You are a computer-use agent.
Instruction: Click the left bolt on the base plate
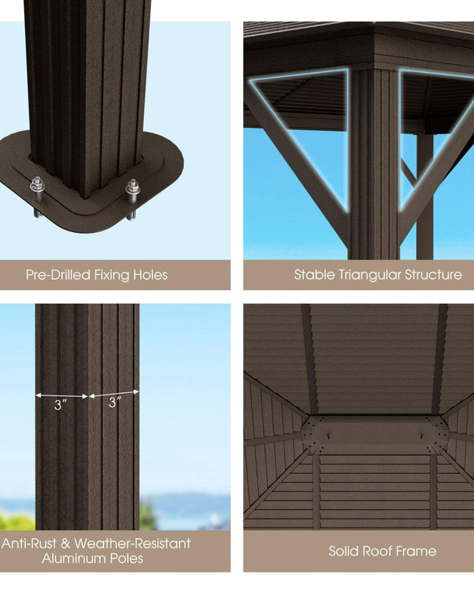click(37, 196)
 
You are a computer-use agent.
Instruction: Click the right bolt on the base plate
click(132, 198)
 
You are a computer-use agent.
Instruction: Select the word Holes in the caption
click(150, 275)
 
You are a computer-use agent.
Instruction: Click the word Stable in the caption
click(315, 275)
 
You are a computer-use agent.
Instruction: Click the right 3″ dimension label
click(115, 402)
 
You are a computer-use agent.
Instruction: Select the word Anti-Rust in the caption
click(29, 544)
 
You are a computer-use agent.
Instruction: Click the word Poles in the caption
click(126, 558)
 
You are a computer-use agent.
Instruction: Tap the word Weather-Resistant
click(132, 544)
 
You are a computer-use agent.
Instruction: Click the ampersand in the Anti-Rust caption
click(65, 544)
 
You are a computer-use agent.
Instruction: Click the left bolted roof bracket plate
click(313, 434)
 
